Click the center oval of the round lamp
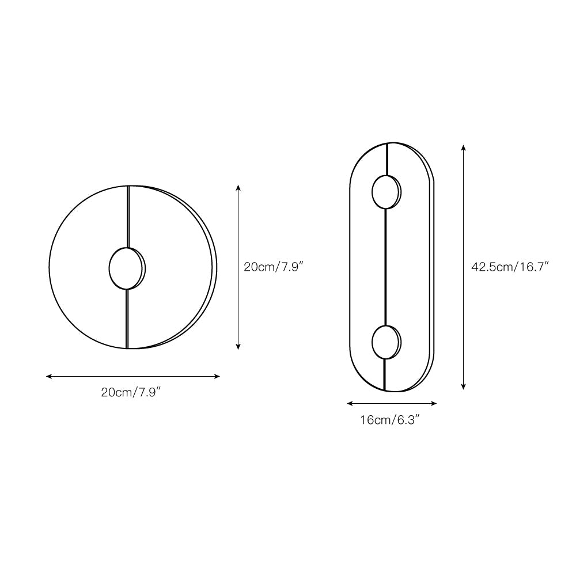[x=126, y=268]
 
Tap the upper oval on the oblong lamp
[x=385, y=192]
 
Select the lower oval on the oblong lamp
[x=385, y=342]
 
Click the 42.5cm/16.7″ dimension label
[x=510, y=267]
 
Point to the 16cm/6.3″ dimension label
[x=389, y=420]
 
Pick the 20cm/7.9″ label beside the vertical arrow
[x=273, y=267]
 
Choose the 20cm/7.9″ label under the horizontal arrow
[x=130, y=393]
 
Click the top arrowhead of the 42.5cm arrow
[x=464, y=147]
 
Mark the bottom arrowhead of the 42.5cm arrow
[x=464, y=387]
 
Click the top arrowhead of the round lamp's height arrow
[x=238, y=188]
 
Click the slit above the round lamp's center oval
[x=128, y=216]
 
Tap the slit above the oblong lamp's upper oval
[x=387, y=158]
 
